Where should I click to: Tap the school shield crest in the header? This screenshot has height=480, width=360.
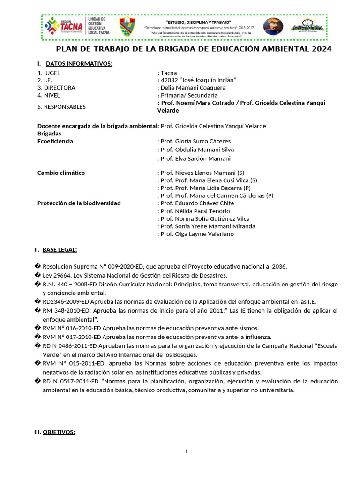coord(127,27)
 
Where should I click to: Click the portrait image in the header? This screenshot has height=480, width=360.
coord(273,27)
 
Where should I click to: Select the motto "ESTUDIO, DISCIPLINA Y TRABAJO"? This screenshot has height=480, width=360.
coord(198,22)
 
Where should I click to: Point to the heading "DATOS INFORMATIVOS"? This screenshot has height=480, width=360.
coord(79,63)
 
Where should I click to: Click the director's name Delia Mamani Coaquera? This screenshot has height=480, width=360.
coord(193,88)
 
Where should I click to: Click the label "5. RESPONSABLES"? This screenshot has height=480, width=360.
coord(61,106)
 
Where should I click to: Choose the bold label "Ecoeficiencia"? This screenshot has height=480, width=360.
coord(55,141)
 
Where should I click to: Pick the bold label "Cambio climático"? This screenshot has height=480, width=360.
coord(61,172)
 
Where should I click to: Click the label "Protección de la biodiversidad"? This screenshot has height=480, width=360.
coord(79,203)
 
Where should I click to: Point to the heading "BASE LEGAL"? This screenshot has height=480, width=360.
coord(60,249)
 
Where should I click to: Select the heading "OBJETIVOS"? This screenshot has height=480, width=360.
coord(59,432)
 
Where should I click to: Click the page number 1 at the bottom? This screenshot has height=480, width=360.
coord(186,451)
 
